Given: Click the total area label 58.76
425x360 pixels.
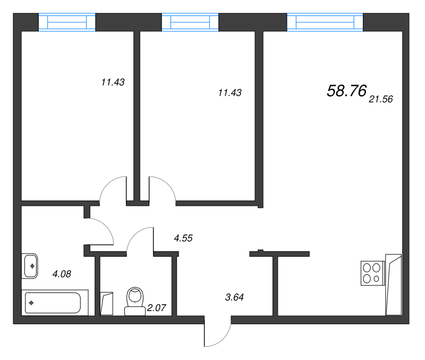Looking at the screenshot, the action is pos(347,90).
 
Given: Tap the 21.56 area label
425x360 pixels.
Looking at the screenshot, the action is pos(380,99).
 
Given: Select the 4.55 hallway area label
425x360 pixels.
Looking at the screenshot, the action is pos(183,238).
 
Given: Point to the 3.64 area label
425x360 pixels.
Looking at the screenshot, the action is pos(234,297).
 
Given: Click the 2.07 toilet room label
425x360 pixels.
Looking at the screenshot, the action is pos(156,308).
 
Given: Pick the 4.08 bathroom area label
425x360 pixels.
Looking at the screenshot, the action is pos(62,274).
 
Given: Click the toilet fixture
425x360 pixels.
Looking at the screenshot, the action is pos(135,301).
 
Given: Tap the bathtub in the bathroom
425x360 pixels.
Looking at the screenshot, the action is pos(55,303).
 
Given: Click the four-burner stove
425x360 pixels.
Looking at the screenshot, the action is pos(373,273).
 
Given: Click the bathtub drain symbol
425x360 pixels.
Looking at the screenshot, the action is pos(31,303).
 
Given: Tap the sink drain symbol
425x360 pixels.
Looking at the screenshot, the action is pos(32,266).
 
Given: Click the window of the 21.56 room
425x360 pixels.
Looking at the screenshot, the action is pos(325,22).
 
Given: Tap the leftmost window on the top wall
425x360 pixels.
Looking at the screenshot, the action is pos(67,22).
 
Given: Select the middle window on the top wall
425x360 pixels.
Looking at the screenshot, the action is pos(190,22).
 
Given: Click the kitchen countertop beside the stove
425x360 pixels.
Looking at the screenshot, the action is pos(393,285).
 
